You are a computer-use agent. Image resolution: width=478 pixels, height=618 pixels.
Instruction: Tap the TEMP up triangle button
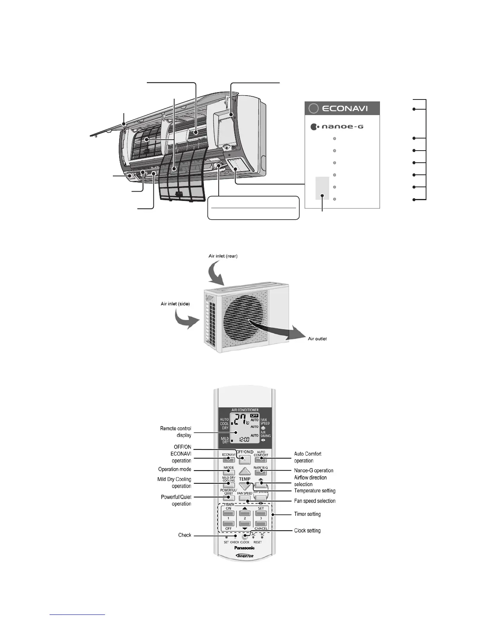pos(245,471)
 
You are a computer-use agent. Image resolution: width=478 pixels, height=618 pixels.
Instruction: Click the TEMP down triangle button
pos(245,486)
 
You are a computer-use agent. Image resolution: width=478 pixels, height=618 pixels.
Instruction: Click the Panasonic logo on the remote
pos(244,548)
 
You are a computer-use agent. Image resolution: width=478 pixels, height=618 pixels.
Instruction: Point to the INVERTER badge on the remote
pos(245,556)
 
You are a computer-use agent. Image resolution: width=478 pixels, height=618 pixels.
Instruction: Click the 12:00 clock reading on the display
pos(244,439)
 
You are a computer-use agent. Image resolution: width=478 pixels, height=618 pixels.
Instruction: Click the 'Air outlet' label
pos(317,338)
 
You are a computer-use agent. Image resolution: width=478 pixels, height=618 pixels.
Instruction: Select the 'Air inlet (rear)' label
pos(223,256)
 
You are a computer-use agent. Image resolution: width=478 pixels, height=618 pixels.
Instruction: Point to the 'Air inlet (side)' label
pos(175,304)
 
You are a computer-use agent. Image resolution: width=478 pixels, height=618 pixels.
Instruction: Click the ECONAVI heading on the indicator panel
pos(345,108)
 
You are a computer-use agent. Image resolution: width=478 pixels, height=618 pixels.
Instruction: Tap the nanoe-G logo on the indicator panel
pos(337,127)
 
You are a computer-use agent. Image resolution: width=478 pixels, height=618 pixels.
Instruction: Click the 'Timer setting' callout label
pos(307,514)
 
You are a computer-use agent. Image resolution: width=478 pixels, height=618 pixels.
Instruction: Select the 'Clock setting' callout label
pos(307,531)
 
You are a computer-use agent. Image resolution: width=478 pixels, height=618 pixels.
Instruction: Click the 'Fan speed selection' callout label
pos(315,501)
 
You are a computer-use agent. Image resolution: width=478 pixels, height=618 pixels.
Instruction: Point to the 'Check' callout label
pos(185,535)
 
